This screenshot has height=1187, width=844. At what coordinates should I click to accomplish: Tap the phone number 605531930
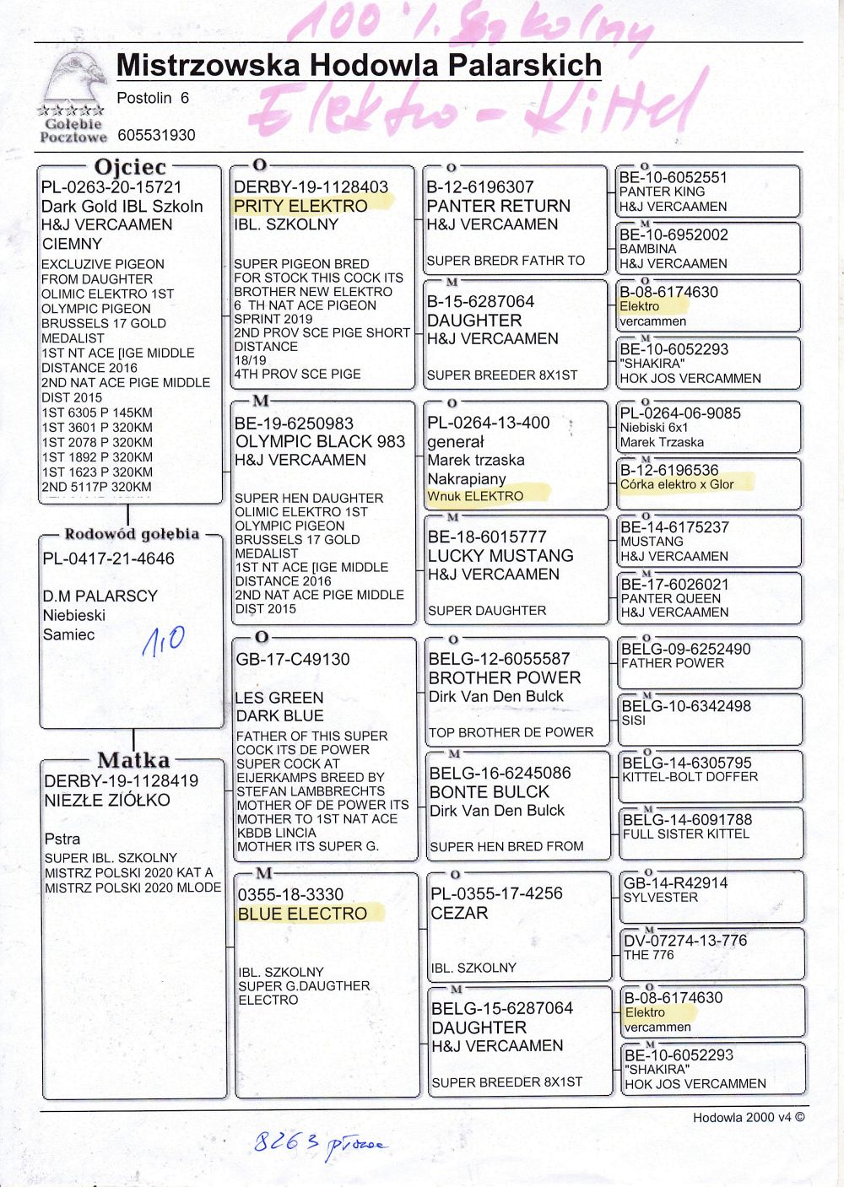click(x=156, y=135)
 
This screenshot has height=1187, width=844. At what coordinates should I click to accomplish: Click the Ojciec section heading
click(x=130, y=167)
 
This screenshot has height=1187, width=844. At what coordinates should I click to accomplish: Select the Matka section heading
click(x=133, y=760)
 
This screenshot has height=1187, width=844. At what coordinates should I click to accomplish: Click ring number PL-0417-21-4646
click(x=108, y=558)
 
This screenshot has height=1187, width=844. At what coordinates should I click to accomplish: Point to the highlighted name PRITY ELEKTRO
click(x=300, y=206)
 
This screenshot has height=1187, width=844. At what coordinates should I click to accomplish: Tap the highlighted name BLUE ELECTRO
click(x=302, y=914)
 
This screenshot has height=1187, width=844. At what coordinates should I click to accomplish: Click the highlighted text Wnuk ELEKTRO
click(x=475, y=496)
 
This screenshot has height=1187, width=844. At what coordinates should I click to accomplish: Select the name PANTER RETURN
click(x=498, y=206)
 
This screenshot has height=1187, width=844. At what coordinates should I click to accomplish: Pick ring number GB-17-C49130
click(x=292, y=660)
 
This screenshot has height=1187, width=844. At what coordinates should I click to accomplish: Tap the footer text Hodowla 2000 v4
click(x=749, y=1117)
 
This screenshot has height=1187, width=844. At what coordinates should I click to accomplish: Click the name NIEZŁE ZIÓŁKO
click(x=107, y=800)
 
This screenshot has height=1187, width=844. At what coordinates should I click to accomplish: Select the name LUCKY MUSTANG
click(x=500, y=556)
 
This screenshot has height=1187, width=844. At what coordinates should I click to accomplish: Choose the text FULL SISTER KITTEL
click(x=685, y=834)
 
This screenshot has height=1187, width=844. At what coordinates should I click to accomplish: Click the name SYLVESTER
click(x=660, y=897)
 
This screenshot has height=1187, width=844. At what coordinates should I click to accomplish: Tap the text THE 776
click(x=648, y=955)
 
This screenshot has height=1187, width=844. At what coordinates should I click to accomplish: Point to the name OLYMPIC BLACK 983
click(x=320, y=441)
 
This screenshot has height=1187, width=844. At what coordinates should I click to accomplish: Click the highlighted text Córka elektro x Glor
click(x=677, y=484)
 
